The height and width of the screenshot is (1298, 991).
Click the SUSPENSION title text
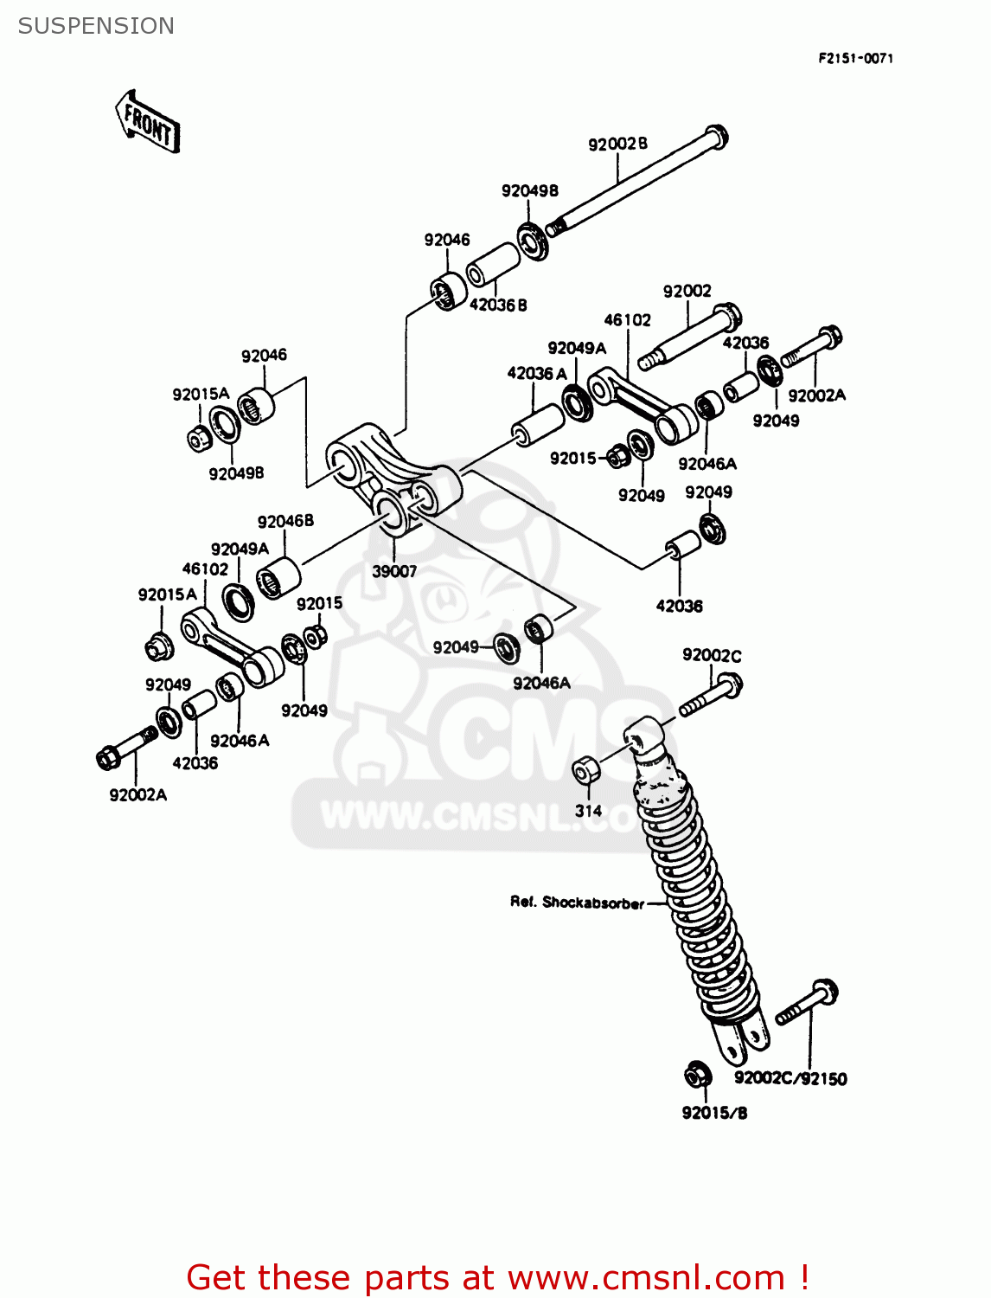(x=96, y=26)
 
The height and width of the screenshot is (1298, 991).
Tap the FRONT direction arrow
(x=147, y=123)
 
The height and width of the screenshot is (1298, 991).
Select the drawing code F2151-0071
(x=855, y=58)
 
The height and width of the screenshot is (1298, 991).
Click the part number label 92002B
(x=617, y=144)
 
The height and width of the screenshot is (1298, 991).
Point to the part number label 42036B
(x=498, y=305)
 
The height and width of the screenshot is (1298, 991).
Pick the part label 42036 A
(x=537, y=373)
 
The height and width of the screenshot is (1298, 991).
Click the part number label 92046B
(x=285, y=521)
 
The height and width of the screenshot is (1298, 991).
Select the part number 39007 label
(x=394, y=571)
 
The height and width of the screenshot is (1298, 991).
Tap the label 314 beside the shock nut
(x=588, y=811)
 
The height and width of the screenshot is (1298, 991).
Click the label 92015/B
(x=714, y=1113)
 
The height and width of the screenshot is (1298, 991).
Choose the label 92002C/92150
(x=790, y=1078)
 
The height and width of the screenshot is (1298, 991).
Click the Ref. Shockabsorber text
(x=577, y=903)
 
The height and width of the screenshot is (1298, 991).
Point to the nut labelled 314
(x=585, y=768)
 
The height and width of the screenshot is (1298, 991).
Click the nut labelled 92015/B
(x=697, y=1075)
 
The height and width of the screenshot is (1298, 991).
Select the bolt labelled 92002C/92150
(x=808, y=1004)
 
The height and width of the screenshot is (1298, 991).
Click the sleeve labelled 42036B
(x=493, y=264)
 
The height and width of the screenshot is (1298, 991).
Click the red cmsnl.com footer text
(x=498, y=1277)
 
